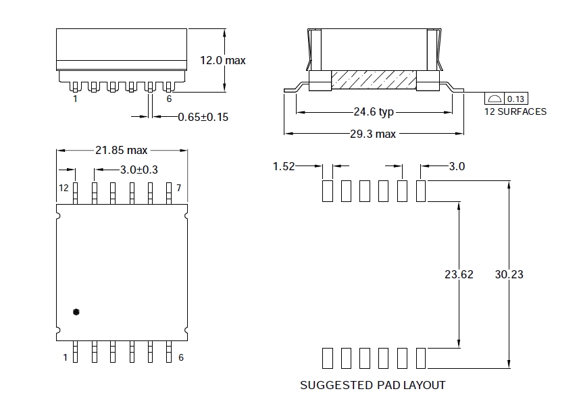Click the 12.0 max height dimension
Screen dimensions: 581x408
223,60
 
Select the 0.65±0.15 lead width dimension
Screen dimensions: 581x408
203,117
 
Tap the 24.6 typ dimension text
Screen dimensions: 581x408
374,112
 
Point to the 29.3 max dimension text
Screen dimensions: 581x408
373,134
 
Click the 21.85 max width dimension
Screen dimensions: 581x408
121,150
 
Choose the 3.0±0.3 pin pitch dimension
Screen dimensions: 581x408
139,170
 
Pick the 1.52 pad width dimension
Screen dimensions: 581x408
284,166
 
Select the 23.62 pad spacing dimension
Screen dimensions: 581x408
459,274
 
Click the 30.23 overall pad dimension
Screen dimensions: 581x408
509,274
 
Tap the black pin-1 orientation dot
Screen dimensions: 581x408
76,311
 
